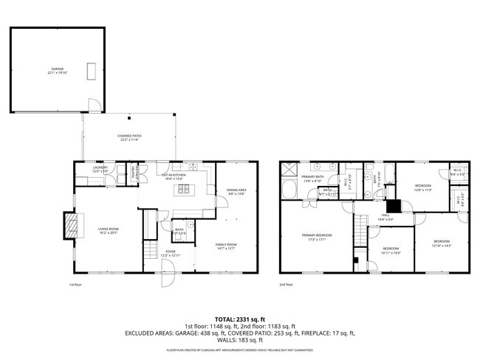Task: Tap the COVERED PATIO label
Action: coord(129,137)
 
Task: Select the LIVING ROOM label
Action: coord(109,230)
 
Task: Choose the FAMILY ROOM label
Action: coord(226,246)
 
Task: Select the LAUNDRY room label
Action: coord(100,169)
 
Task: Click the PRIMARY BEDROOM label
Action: coord(316,237)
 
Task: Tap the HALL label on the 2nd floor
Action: coord(385,218)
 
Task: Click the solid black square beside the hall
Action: coord(394,207)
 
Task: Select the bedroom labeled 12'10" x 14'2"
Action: coord(442,243)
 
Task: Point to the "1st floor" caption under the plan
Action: coord(75,285)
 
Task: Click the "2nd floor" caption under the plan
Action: coord(287,285)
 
